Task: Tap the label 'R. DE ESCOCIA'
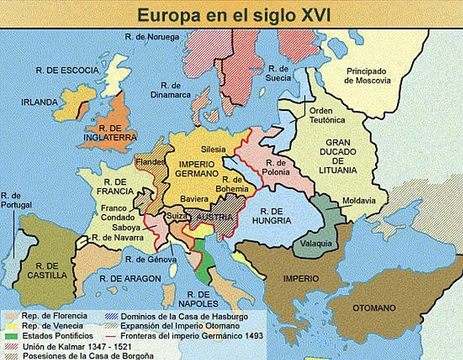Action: pyautogui.click(x=67, y=70)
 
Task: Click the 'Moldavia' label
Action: pyautogui.click(x=358, y=200)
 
